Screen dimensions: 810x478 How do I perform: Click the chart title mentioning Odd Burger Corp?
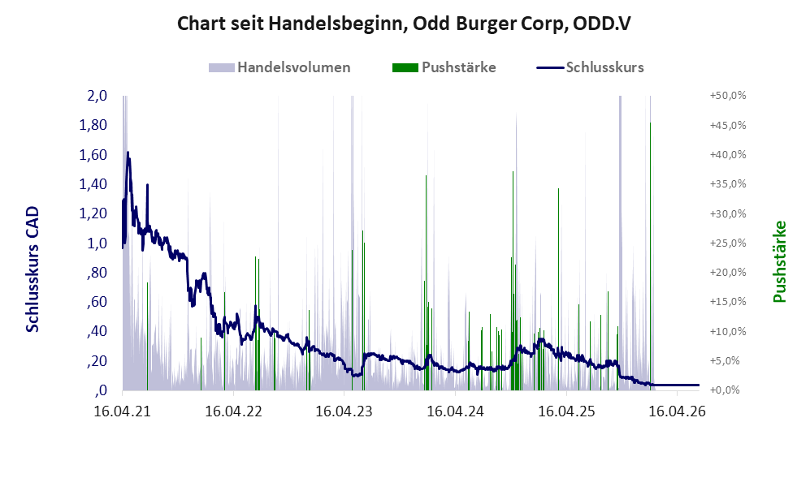(x=404, y=24)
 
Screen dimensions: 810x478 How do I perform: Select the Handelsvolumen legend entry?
(x=279, y=67)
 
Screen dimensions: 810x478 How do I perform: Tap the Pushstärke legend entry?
(x=444, y=67)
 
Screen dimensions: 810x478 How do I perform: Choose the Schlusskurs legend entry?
(x=590, y=67)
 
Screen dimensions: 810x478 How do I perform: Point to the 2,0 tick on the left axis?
(x=97, y=96)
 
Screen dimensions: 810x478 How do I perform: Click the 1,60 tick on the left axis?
(x=93, y=154)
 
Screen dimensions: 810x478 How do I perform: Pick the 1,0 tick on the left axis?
(x=97, y=243)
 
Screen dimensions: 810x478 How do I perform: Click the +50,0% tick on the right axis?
(x=728, y=96)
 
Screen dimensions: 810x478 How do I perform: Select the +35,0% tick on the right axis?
(x=728, y=183)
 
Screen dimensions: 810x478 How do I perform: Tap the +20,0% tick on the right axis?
(x=728, y=272)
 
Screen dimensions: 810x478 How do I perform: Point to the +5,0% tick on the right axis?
(x=728, y=360)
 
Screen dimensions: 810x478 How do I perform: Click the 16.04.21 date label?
(x=123, y=411)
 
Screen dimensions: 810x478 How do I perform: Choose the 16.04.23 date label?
(x=344, y=411)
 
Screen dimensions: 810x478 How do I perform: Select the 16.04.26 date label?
(x=678, y=411)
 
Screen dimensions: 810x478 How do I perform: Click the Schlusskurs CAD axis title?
(x=32, y=269)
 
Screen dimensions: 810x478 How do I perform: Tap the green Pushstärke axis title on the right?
(x=779, y=261)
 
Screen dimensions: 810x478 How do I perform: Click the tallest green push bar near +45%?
(x=650, y=256)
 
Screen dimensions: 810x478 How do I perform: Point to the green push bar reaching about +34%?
(x=558, y=289)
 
